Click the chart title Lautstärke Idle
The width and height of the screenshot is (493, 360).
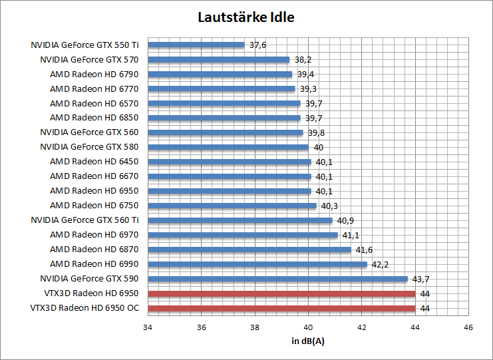click(x=246, y=17)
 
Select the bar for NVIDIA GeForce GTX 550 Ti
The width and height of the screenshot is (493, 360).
click(x=196, y=45)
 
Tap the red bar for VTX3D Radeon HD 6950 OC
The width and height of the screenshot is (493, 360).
click(x=281, y=308)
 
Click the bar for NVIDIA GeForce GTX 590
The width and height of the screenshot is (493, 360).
click(x=277, y=279)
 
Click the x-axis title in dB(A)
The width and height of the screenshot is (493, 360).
click(x=308, y=341)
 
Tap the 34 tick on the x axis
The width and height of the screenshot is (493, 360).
click(x=148, y=327)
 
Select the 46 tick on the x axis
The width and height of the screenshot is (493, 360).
click(x=468, y=327)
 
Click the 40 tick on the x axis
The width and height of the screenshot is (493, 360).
click(x=308, y=327)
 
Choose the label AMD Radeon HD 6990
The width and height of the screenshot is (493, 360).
click(x=94, y=264)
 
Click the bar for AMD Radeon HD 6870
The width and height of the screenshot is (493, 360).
click(x=249, y=250)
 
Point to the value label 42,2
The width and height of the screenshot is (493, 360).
click(x=380, y=264)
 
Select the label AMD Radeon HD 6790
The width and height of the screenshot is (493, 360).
click(x=94, y=75)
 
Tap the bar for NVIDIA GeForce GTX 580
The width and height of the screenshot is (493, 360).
click(x=228, y=147)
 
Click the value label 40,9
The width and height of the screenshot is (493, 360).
click(x=345, y=220)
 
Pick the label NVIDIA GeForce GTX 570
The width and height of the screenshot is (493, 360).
click(x=89, y=60)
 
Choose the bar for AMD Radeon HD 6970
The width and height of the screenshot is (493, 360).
click(x=243, y=235)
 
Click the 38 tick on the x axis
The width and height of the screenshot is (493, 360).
click(x=255, y=327)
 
